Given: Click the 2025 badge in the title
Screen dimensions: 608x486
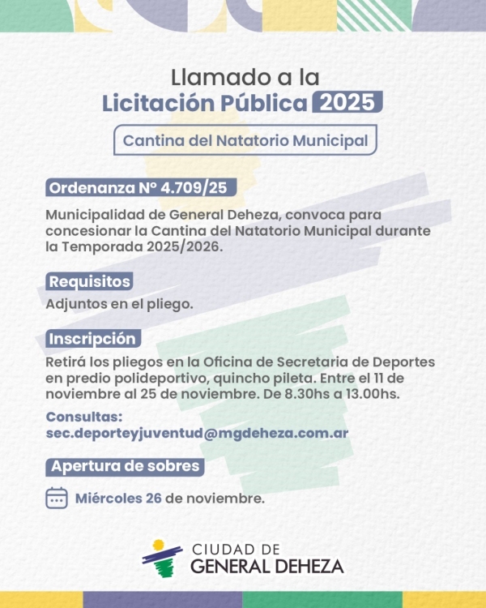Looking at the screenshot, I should [x=346, y=104].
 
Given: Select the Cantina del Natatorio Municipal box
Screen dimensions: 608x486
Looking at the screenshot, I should [x=245, y=140].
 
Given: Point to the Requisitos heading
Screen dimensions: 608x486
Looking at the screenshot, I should [x=89, y=282].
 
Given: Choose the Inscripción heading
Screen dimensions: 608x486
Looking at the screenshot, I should [x=92, y=338].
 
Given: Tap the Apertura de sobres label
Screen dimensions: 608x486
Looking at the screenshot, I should [x=124, y=466].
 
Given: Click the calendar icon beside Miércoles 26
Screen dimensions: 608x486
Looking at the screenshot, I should [x=57, y=498].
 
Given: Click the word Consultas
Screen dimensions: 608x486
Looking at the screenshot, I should [x=84, y=417].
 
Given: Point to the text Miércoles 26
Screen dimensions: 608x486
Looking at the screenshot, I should [x=118, y=498].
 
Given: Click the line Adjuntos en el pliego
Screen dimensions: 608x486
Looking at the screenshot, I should [x=119, y=305].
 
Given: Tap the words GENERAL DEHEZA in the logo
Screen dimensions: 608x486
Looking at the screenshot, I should [x=266, y=566].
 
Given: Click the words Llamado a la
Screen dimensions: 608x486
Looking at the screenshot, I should [x=245, y=77].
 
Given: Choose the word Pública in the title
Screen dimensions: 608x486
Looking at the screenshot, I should [x=262, y=104].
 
